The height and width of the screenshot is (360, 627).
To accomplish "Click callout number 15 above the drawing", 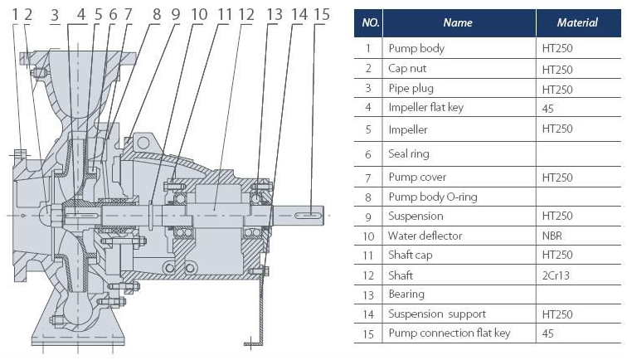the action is (x=322, y=15).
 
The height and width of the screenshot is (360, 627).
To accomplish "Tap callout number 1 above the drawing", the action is (x=15, y=15).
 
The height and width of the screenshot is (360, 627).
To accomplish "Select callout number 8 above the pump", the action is (x=157, y=15).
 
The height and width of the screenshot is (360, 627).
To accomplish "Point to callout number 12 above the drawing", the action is (x=246, y=15).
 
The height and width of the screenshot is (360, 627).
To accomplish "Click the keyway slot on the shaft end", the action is (x=308, y=216).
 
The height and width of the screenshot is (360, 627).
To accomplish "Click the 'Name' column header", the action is (x=458, y=22).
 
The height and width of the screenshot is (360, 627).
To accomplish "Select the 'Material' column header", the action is (x=577, y=22).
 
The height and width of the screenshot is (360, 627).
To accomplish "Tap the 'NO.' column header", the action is (x=370, y=22).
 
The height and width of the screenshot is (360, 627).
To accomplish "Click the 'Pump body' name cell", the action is (x=416, y=49).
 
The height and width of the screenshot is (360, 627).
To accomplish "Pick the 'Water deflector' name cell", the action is (x=425, y=236).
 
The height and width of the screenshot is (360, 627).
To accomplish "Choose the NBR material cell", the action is (x=552, y=236).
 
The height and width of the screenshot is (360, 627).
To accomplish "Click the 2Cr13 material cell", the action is (x=556, y=275).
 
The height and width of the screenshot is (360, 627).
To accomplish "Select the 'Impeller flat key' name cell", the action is (x=425, y=108).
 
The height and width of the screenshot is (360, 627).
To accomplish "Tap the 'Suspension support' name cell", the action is (x=437, y=314).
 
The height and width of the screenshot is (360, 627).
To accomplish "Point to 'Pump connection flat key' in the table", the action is (x=449, y=333).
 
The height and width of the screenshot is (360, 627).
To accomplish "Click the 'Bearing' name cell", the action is (x=406, y=294).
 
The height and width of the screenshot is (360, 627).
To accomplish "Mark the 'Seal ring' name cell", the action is (x=409, y=154).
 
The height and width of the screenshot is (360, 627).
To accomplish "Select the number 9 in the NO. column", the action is (x=368, y=216).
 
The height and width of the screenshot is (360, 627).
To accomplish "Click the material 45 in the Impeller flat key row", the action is (x=548, y=109).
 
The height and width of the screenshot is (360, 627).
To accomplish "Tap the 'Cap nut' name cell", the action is (x=407, y=69).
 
